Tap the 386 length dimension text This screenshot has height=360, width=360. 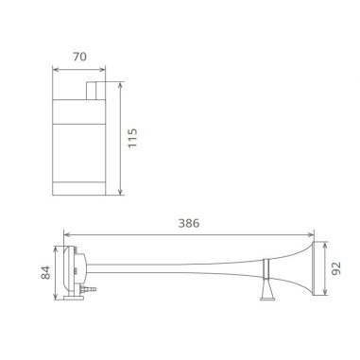[x=189, y=223]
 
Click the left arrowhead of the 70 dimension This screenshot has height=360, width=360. [x=55, y=69]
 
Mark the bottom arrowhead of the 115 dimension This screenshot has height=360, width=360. [x=121, y=193]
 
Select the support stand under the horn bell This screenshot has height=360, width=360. [x=265, y=288]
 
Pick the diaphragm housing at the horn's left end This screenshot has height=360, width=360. [x=71, y=268]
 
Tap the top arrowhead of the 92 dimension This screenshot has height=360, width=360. [x=325, y=243]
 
